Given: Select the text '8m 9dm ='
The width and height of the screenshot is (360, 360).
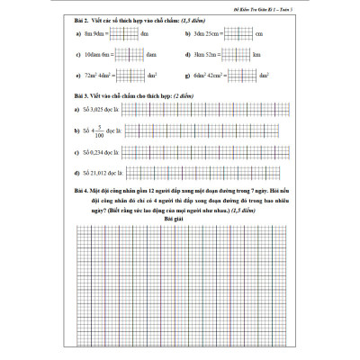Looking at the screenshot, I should pos(95,33).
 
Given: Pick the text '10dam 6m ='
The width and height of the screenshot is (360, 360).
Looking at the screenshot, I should pos(98,55).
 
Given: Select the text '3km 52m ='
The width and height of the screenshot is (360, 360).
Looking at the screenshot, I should pos(208,55).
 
